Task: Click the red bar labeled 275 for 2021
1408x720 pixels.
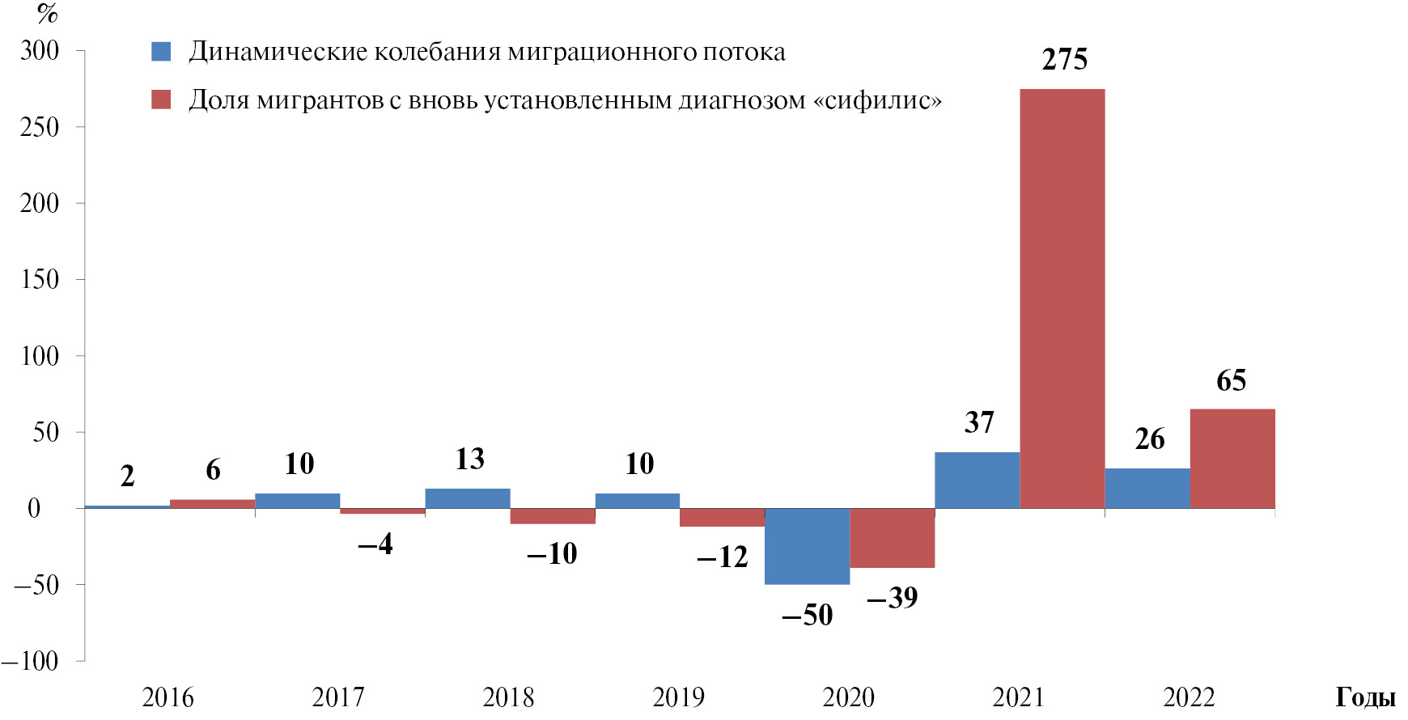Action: [1062, 299]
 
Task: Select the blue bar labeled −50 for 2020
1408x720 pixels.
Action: [807, 546]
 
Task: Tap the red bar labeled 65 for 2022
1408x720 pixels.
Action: [1232, 459]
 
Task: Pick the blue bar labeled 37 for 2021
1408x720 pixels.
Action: [977, 481]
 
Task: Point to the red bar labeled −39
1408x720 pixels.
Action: [892, 538]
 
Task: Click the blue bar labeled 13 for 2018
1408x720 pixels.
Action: [467, 498]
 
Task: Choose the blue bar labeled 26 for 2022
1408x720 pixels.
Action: [1147, 489]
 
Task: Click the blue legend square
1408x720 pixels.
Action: [161, 52]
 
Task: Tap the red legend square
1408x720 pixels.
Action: [161, 100]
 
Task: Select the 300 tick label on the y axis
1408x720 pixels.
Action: [40, 51]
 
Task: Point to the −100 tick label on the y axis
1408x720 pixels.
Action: [31, 661]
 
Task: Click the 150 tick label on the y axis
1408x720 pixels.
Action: [40, 280]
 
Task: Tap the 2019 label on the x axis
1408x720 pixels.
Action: [678, 697]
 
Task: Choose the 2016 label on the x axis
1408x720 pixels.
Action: [168, 697]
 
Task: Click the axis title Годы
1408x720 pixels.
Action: [1365, 697]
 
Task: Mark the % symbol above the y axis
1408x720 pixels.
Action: [48, 14]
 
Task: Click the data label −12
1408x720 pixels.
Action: [722, 557]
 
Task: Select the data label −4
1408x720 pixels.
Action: [375, 544]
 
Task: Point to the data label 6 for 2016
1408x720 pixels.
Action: [213, 470]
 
